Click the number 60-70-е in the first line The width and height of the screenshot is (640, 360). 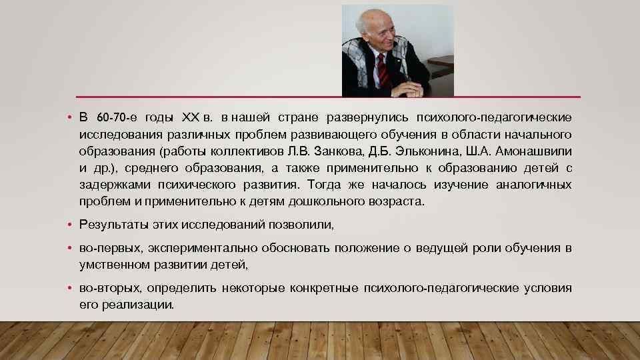[x=117, y=118]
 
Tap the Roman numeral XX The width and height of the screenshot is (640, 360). [x=190, y=118]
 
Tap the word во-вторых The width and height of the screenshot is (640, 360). [x=109, y=288]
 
